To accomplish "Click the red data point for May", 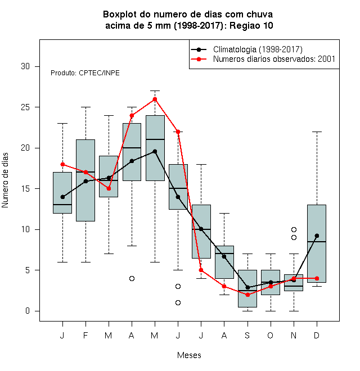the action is [155, 99].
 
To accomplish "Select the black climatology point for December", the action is [317, 236].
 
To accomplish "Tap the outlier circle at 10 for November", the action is [294, 229].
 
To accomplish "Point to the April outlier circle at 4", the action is [132, 278].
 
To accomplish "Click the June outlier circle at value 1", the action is [178, 302].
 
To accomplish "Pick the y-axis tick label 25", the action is [25, 107].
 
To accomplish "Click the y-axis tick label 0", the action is [28, 311].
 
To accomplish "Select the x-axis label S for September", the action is [247, 335].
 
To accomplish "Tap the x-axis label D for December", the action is [317, 335].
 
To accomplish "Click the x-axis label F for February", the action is [85, 335].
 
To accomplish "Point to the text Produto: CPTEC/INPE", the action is [85, 73].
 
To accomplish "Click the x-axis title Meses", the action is [189, 355].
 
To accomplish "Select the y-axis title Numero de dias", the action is [5, 180].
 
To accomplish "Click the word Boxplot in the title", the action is [120, 15].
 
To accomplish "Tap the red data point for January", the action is [62, 164].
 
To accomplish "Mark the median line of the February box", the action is [85, 172].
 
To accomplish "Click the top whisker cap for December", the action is [317, 132].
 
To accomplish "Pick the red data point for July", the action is [201, 270].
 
